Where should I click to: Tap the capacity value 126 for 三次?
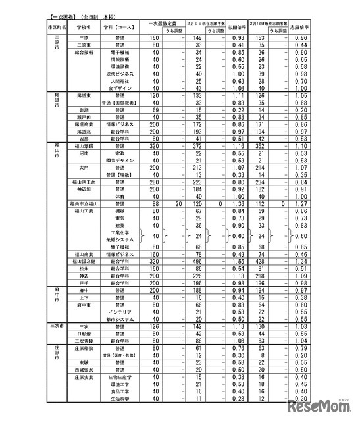[x=155, y=326]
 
